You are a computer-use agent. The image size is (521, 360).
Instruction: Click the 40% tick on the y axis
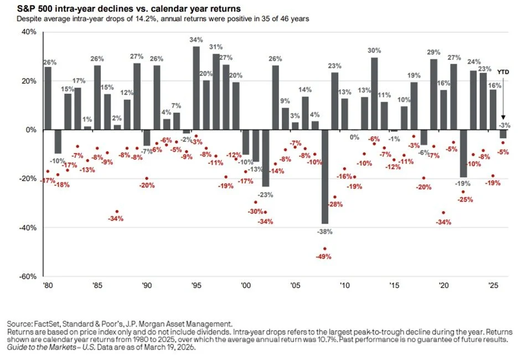(x=29, y=32)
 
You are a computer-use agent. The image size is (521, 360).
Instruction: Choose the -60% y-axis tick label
(x=28, y=276)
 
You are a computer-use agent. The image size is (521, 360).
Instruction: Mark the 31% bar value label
(x=216, y=47)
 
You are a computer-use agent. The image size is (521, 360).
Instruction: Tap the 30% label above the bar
(x=374, y=50)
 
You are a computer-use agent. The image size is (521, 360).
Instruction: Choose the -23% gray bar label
(x=266, y=194)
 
